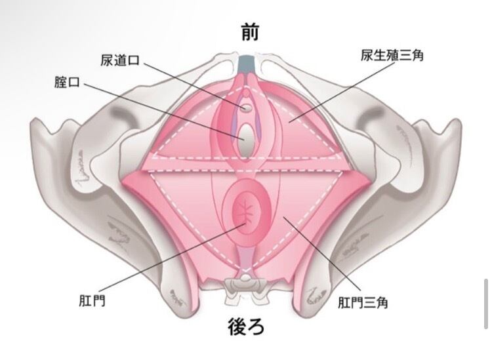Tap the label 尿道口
click(x=120, y=60)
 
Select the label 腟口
click(x=67, y=83)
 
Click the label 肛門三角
click(x=363, y=303)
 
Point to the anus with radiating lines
click(x=247, y=212)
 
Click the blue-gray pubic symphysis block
click(x=247, y=64)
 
